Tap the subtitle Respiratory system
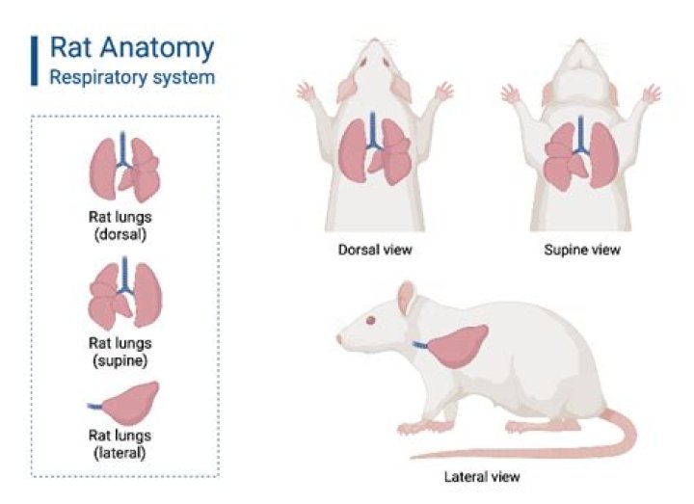tap(132, 76)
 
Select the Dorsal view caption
tap(375, 250)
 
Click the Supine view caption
tap(582, 250)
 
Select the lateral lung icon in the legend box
tap(130, 404)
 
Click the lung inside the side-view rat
tap(455, 348)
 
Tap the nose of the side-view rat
tap(339, 340)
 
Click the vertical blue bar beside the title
tap(36, 60)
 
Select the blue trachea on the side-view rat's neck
tap(420, 344)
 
